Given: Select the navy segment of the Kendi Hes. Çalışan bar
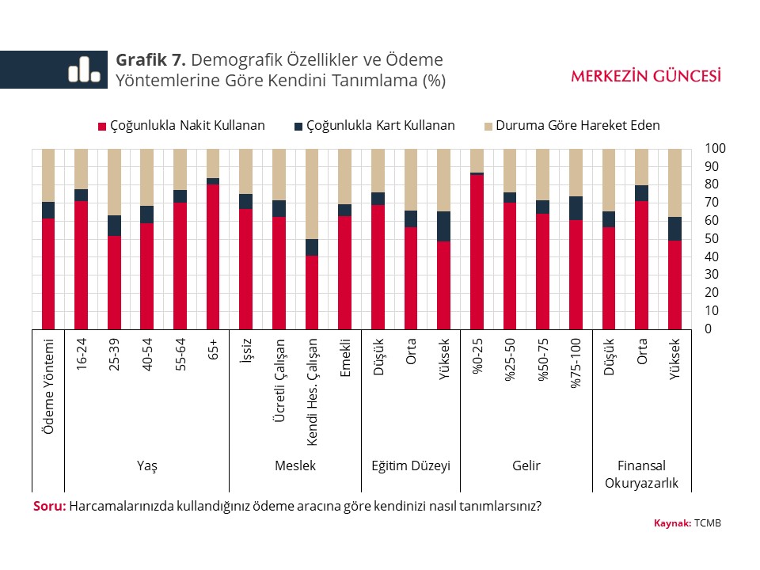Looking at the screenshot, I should [312, 247].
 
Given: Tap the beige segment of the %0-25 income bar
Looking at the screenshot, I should [477, 160].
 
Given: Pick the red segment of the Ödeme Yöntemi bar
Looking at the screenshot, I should [48, 273].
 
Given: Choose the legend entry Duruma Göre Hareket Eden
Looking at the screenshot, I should [571, 125].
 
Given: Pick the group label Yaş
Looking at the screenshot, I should [147, 465].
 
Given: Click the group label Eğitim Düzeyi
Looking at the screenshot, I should [411, 465].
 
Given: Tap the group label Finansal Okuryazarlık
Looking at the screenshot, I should [642, 474].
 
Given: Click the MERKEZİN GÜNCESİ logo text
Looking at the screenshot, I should [646, 76].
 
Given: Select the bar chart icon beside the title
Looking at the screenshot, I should [84, 70].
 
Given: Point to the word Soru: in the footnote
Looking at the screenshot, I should [49, 507].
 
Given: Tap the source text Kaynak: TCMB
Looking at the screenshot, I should [687, 523].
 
